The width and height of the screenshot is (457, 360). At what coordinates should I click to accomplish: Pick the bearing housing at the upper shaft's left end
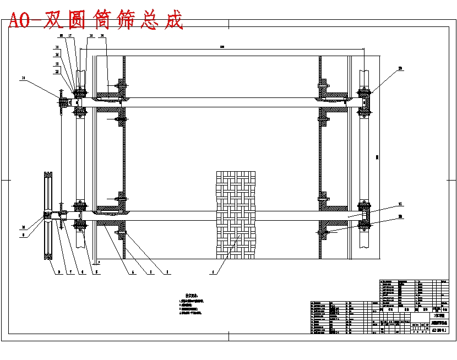coord(79,102)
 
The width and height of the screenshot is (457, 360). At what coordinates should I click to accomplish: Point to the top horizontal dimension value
coord(221,47)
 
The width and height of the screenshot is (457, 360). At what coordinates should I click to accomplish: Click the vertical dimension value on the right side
coord(377,157)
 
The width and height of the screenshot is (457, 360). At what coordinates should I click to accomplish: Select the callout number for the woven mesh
coord(213,271)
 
